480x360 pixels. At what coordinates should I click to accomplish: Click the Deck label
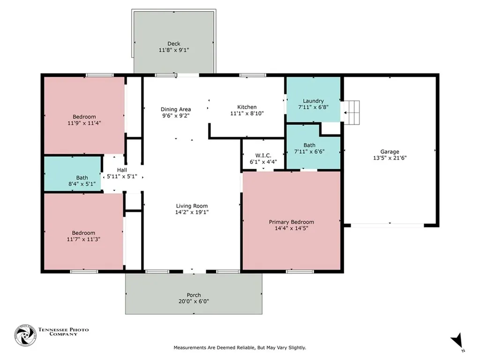[x=173, y=44]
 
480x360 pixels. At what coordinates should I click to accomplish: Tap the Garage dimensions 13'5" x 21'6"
[x=390, y=158]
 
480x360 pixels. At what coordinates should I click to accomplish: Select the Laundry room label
[x=313, y=101]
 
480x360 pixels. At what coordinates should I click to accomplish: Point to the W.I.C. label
[x=263, y=156]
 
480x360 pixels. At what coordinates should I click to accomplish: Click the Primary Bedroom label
[x=292, y=222]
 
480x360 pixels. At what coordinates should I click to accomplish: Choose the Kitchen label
[x=247, y=107]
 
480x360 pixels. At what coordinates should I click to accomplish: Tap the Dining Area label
[x=176, y=109]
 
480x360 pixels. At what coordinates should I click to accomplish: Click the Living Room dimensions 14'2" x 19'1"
[x=192, y=212]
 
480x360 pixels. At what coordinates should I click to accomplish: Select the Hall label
[x=122, y=170]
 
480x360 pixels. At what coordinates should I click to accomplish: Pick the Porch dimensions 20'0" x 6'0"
[x=194, y=301]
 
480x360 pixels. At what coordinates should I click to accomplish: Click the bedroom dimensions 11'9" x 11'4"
[x=84, y=123]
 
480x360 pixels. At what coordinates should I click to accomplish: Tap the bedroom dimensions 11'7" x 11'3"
[x=83, y=239]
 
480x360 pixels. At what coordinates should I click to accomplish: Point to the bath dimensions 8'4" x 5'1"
[x=82, y=184]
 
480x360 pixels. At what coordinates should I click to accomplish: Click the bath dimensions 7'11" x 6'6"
[x=309, y=151]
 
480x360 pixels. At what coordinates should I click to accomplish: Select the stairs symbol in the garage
[x=352, y=112]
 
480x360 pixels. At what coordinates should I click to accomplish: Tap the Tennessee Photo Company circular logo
[x=25, y=335]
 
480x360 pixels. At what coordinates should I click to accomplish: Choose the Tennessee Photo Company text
[x=63, y=331]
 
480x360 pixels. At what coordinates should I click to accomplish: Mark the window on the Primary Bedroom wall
[x=300, y=271]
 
